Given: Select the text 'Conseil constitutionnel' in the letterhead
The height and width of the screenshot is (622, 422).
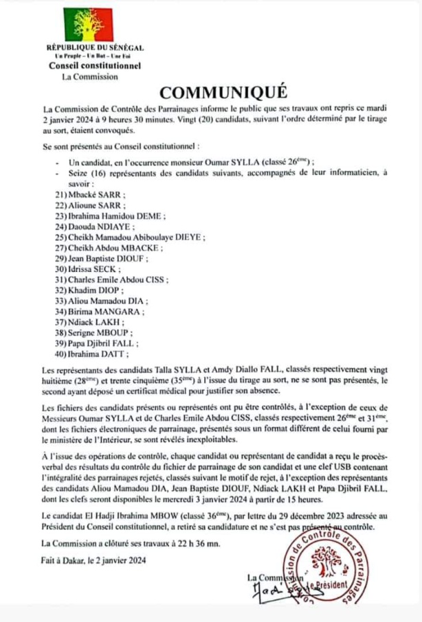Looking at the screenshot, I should point(94,66).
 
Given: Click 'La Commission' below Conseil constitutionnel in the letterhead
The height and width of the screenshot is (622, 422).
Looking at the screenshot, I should point(89,77).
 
